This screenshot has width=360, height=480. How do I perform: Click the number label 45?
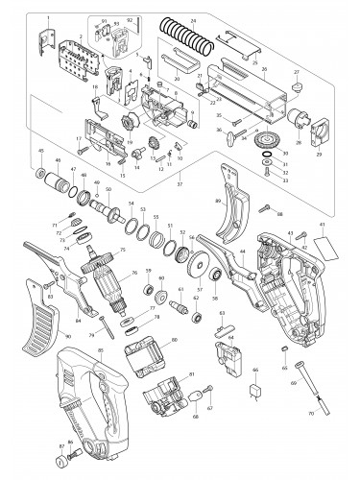[x=40, y=151]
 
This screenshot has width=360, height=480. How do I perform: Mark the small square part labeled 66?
[x=255, y=391]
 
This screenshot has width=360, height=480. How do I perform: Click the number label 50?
[x=108, y=189]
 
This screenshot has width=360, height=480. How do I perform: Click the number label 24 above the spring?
[x=193, y=20]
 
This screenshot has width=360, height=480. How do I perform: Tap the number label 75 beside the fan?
[x=122, y=251]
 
